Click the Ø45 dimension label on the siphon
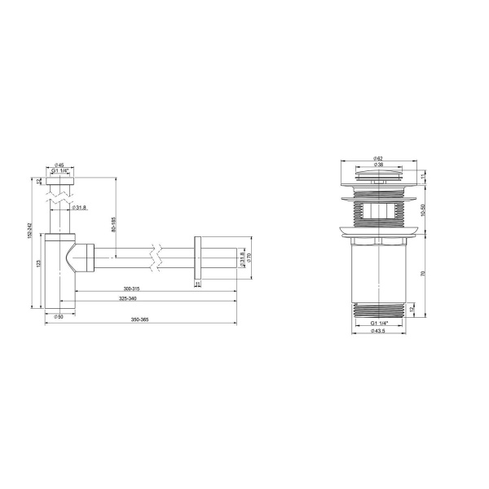pyautogui.click(x=60, y=165)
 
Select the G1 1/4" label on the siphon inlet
pyautogui.click(x=61, y=171)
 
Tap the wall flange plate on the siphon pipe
pyautogui.click(x=196, y=261)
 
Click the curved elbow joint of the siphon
pyautogui.click(x=81, y=258)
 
